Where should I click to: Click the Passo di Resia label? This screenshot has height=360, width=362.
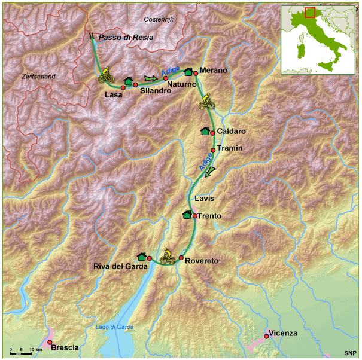(126, 37)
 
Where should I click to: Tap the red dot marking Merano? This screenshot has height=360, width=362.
(196, 74)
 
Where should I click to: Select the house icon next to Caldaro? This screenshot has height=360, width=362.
(205, 131)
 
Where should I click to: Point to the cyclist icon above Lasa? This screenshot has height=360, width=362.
(107, 75)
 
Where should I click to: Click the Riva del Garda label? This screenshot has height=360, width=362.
(120, 267)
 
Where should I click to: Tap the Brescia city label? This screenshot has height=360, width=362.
(65, 347)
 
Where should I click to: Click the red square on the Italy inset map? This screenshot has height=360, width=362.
(310, 12)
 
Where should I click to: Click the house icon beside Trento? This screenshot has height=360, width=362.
(187, 215)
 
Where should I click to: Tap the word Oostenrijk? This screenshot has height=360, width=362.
(159, 20)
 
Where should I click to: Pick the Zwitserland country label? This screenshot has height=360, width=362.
(38, 77)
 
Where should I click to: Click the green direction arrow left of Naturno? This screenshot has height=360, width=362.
(150, 78)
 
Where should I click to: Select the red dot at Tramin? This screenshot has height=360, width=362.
(213, 150)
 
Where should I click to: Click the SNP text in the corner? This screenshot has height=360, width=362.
(350, 353)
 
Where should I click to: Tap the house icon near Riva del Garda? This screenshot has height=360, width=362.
(141, 257)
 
